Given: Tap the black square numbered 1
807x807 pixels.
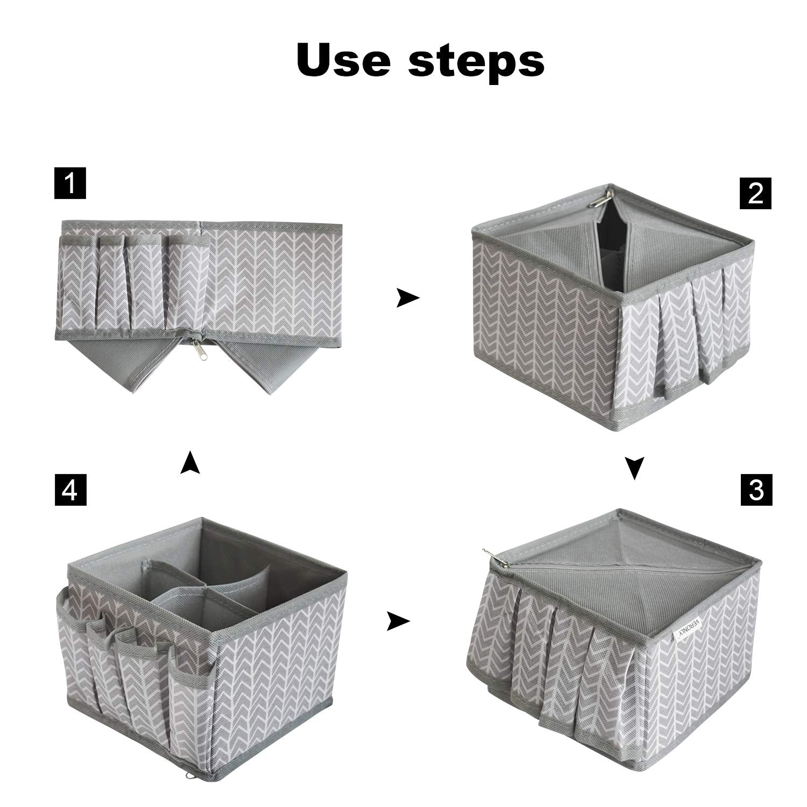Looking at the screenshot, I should coord(70,183).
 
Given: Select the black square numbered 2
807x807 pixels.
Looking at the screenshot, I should coord(755,193).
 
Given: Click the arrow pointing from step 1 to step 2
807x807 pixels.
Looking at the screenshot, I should coord(407,298).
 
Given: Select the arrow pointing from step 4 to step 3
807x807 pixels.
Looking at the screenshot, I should coord(398,622).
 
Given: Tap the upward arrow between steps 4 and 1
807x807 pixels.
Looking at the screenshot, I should coord(189,462).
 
